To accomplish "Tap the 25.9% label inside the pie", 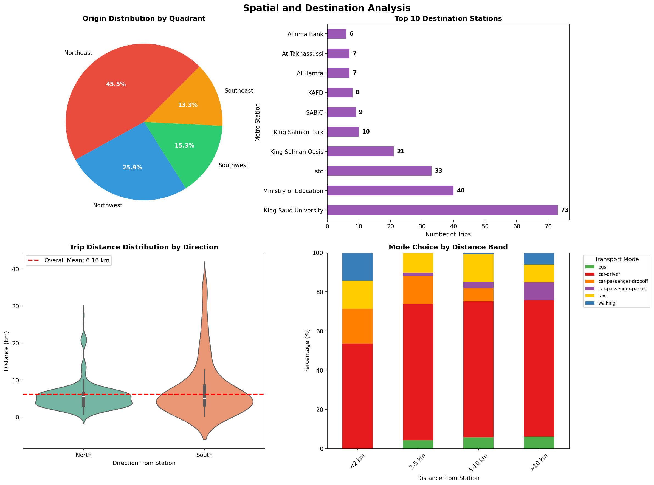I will coord(132,168).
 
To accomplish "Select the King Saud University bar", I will coord(442,210).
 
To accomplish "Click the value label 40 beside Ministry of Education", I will coord(460,191).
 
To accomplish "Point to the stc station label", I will coord(318,171).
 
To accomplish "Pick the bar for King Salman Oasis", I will coord(360,152).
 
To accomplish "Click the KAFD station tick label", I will coord(315,93).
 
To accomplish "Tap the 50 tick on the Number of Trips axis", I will coord(485,226).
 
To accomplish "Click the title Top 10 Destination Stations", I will coord(448,18).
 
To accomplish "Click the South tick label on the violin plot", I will coord(204,455).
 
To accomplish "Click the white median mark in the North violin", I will coord(84,397).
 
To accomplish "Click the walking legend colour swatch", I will coord(590,303).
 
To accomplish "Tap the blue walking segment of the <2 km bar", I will coord(357,266).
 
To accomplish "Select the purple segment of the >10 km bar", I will coord(539,291).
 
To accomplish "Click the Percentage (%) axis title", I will coord(307,351).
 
